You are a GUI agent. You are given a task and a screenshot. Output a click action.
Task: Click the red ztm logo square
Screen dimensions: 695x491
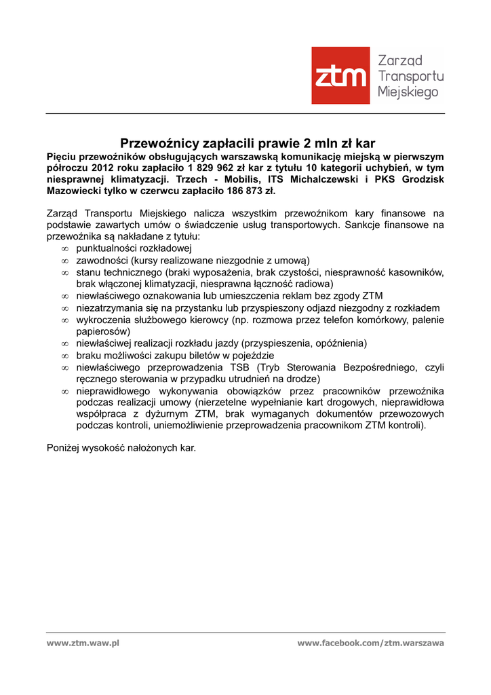click(x=340, y=75)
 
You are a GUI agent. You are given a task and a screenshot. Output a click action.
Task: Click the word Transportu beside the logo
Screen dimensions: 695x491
click(x=410, y=76)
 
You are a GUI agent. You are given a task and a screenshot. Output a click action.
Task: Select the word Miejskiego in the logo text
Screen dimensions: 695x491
click(x=408, y=92)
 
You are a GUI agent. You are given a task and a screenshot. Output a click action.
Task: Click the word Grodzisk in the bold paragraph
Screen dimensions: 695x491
click(x=423, y=179)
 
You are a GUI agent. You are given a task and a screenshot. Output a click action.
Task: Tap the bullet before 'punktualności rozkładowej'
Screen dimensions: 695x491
click(x=65, y=249)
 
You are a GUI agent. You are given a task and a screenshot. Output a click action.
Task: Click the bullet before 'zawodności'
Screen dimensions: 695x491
click(x=65, y=261)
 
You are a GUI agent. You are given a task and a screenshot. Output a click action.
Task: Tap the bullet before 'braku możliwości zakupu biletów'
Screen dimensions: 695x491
click(x=65, y=356)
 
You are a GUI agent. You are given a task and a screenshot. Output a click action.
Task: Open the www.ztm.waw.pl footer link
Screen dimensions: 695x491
click(x=83, y=643)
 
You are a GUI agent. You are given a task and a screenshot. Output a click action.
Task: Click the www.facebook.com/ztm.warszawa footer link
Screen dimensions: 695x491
click(x=370, y=643)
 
